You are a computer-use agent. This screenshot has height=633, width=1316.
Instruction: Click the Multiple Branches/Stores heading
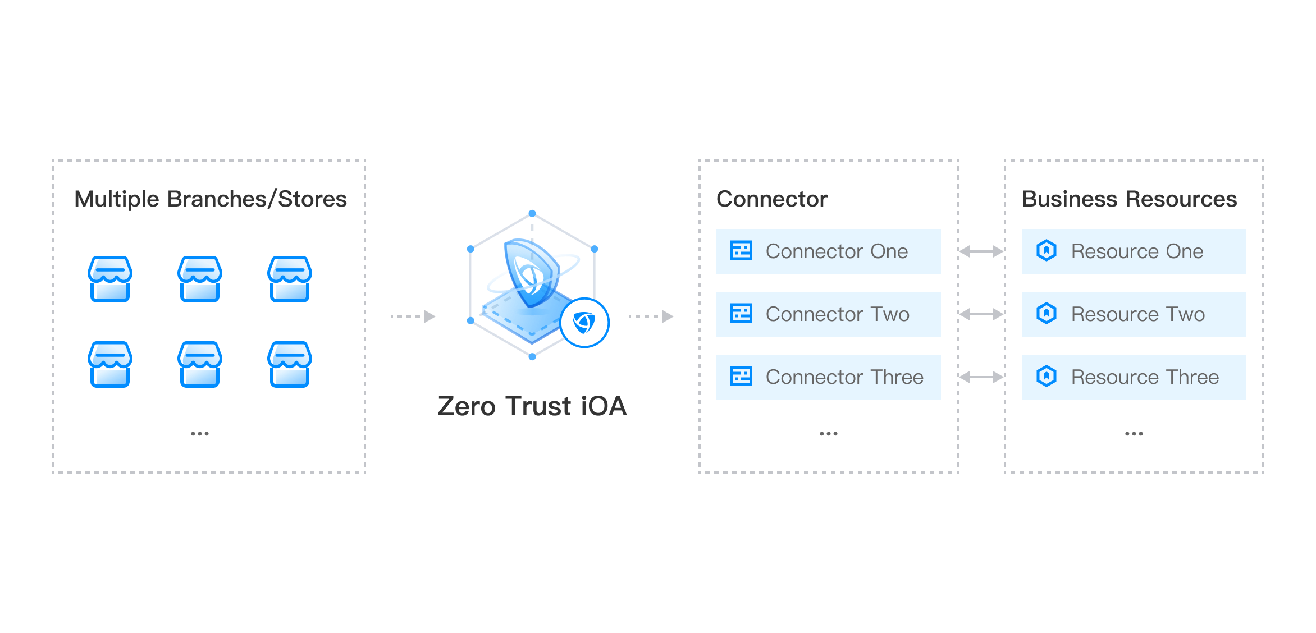pyautogui.click(x=211, y=199)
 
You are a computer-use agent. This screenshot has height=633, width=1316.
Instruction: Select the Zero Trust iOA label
pyautogui.click(x=532, y=406)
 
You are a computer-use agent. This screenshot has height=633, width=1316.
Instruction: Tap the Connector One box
pyautogui.click(x=828, y=251)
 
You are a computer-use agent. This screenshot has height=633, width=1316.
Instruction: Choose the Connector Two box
pyautogui.click(x=828, y=314)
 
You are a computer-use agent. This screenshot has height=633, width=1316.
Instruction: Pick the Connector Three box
pyautogui.click(x=828, y=377)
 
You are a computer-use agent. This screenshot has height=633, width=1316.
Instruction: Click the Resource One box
pyautogui.click(x=1134, y=251)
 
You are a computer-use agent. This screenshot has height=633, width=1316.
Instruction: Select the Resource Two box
pyautogui.click(x=1134, y=314)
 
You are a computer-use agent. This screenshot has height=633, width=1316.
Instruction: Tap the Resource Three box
pyautogui.click(x=1134, y=377)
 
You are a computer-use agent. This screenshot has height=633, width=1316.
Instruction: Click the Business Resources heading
pyautogui.click(x=1129, y=199)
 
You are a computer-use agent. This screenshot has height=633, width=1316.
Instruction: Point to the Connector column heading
pyautogui.click(x=772, y=199)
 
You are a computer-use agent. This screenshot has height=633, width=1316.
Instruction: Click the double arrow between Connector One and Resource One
pyautogui.click(x=981, y=251)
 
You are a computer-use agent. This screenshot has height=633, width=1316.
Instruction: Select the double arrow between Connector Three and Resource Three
pyautogui.click(x=981, y=377)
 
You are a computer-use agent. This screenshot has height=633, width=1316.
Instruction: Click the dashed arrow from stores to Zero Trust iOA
pyautogui.click(x=413, y=316)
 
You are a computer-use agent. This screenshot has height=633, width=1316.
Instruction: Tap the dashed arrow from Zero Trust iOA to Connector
pyautogui.click(x=651, y=316)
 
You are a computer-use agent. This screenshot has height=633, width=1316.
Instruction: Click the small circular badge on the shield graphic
pyautogui.click(x=584, y=323)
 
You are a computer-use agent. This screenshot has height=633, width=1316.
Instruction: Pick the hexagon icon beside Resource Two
pyautogui.click(x=1047, y=313)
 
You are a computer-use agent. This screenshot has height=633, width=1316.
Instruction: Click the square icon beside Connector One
pyautogui.click(x=741, y=250)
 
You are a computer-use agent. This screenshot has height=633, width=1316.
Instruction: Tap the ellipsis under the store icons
pyautogui.click(x=200, y=434)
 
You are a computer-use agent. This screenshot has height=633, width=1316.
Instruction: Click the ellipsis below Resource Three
pyautogui.click(x=1134, y=434)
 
